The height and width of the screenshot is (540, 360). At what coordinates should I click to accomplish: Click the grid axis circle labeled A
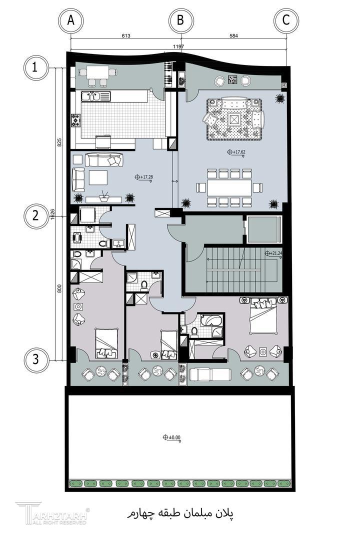click(70, 20)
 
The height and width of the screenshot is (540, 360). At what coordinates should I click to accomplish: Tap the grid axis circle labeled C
click(286, 20)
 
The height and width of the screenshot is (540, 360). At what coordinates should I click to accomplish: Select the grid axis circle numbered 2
click(35, 216)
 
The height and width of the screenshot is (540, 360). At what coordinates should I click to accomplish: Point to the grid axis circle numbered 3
click(35, 360)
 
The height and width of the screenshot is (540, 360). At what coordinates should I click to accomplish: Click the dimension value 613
click(126, 35)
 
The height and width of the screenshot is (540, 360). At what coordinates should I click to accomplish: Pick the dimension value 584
click(233, 35)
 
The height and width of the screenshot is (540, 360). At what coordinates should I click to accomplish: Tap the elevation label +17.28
click(144, 177)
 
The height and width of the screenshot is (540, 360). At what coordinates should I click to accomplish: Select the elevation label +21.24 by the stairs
click(273, 253)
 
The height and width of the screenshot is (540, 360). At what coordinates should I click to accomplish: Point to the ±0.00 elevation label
click(172, 437)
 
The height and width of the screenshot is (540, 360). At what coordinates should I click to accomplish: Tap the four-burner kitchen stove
click(76, 120)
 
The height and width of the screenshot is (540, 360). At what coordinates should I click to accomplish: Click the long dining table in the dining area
click(229, 188)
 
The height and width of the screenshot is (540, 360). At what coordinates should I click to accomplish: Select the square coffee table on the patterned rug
click(234, 119)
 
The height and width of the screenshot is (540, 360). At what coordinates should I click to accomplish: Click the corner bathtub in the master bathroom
click(211, 320)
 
